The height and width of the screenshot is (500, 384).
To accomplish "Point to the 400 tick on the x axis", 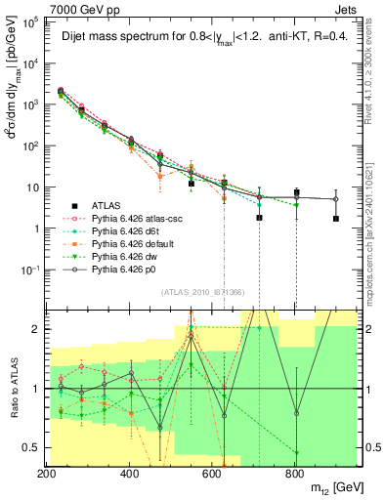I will pos(129,474).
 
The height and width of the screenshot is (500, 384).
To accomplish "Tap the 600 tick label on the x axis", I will pos(212,474).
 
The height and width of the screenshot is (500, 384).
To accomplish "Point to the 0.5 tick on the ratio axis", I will pos(33,447).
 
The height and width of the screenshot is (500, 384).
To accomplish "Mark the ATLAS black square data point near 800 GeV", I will pos(296,193).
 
